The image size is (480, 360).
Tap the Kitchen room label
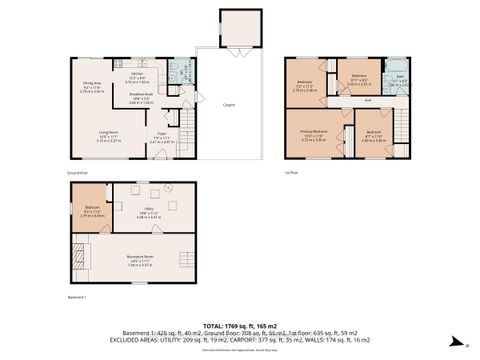pos(139,77)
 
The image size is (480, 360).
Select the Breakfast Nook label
pos(141,97)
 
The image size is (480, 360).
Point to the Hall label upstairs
pos(368,99)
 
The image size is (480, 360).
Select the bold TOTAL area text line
pos(239,326)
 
